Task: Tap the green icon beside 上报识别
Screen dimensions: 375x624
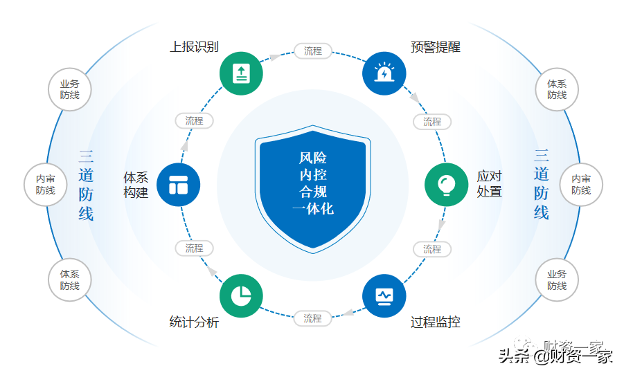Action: coord(241,73)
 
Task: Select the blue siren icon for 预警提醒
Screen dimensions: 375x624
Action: coord(384,73)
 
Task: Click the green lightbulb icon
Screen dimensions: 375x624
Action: coord(446,185)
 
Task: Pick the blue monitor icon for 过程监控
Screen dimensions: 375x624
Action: coord(384,296)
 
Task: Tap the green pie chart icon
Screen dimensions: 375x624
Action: coord(241,296)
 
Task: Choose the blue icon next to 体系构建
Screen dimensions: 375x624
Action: coord(179,185)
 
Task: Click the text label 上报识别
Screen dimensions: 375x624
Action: coord(195,47)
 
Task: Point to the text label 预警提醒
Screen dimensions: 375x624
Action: coord(435,47)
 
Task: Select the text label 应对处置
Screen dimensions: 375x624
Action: coord(489,184)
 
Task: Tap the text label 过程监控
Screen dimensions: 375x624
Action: coord(435,322)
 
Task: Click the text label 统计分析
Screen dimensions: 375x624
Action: coord(195,322)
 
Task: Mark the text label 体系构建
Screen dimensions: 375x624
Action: coord(136,184)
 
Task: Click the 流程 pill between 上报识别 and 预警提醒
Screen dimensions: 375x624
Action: coord(313,51)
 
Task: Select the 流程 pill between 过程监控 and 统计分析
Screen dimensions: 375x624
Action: coord(313,319)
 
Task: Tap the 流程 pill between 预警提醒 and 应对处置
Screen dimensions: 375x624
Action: coord(432,122)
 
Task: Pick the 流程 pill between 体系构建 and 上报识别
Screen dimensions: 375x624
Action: coord(194,121)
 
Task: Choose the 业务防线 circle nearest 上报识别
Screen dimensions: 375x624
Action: coord(70,89)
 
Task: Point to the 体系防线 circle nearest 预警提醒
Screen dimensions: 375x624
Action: coord(557,89)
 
